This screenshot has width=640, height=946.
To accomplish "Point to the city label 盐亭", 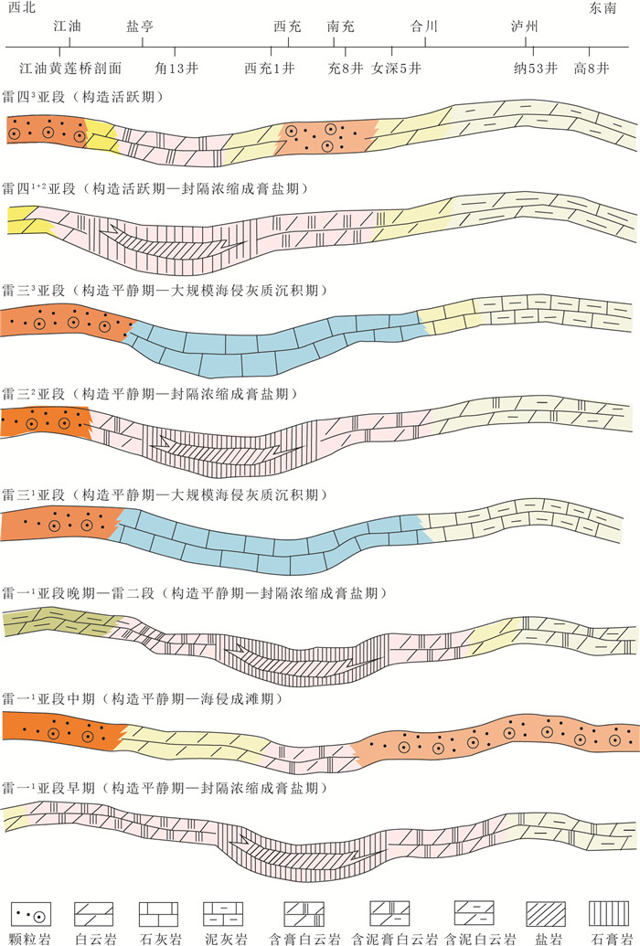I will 139,27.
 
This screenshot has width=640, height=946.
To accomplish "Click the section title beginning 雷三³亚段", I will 165,291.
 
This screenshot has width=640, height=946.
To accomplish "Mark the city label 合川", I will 425,27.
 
